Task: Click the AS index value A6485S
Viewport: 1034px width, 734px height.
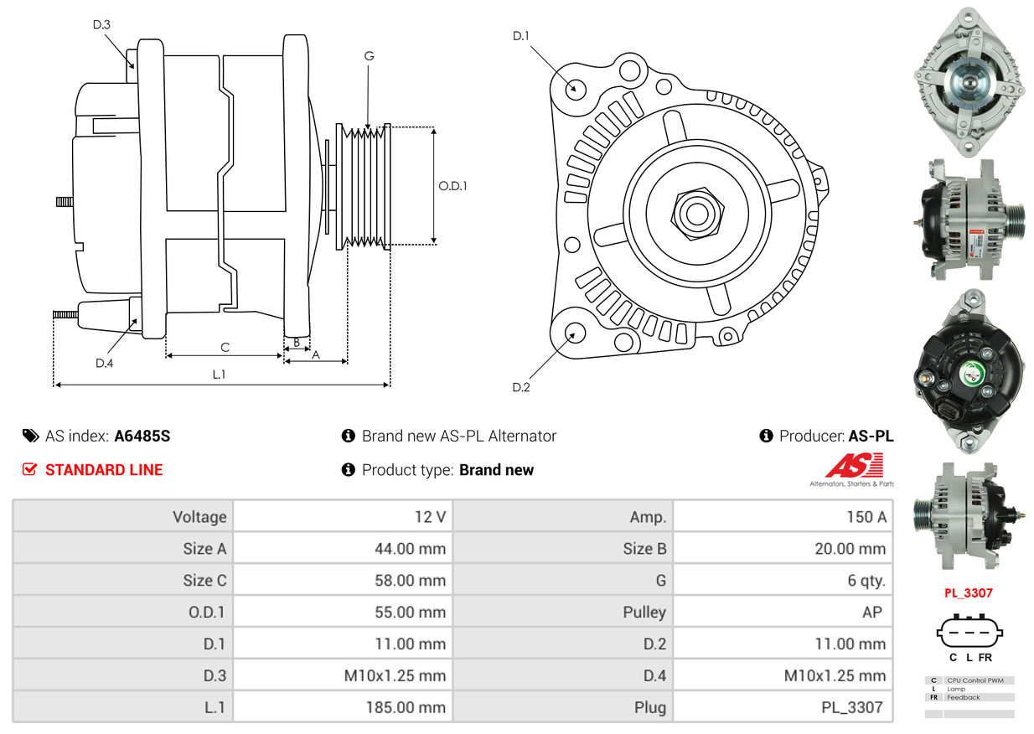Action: coord(142,436)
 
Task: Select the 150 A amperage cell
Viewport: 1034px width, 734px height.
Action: coord(866,517)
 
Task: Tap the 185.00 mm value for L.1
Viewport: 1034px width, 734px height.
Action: coord(405,707)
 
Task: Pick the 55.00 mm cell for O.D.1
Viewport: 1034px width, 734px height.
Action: coord(410,613)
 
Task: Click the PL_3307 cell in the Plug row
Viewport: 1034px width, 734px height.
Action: coord(851,707)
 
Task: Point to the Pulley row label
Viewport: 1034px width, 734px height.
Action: coord(644,613)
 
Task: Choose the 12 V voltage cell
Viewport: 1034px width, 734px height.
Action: coord(430,517)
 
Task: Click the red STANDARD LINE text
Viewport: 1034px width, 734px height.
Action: coord(104,470)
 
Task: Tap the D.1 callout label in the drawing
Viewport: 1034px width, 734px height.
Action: coord(521,36)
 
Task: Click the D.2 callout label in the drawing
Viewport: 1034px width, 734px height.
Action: coord(521,387)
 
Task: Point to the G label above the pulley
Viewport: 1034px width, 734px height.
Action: coord(369,56)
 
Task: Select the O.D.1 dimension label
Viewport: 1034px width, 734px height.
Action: coord(452,186)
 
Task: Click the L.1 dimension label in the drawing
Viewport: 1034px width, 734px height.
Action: coord(219,375)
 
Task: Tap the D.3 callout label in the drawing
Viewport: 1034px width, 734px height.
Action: coord(101,24)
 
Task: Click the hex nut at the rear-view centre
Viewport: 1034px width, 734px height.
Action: coord(695,211)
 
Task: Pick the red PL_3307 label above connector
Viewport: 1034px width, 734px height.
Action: coord(968,593)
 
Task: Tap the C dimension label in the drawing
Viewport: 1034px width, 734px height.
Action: coord(225,347)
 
